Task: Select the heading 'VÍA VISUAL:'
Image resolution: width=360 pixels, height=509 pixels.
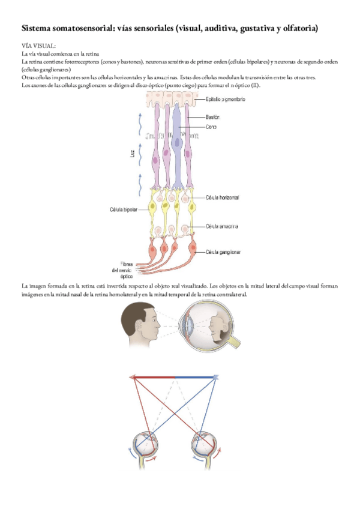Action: (38, 45)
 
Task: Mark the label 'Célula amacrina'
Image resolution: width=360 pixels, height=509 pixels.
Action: (222, 226)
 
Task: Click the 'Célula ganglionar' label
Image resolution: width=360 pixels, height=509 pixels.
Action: (223, 252)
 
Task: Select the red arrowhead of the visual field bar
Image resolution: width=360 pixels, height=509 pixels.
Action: (131, 378)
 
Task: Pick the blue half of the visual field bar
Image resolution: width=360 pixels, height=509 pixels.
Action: (195, 378)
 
